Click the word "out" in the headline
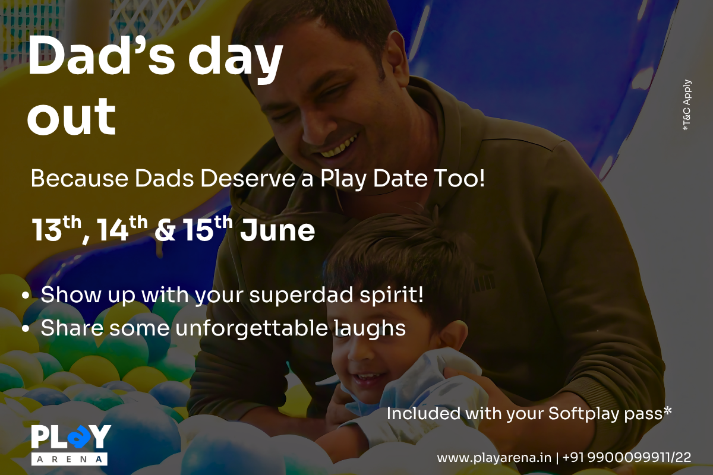click(71, 116)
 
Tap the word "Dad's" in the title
click(102, 55)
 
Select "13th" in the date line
click(56, 229)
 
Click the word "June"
click(277, 230)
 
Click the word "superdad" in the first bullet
click(300, 295)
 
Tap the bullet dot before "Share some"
click(26, 329)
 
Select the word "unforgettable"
click(251, 328)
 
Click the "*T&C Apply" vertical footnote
click(687, 104)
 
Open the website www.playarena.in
click(494, 458)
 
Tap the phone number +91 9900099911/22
click(627, 458)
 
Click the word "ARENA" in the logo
click(70, 459)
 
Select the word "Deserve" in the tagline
click(248, 179)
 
